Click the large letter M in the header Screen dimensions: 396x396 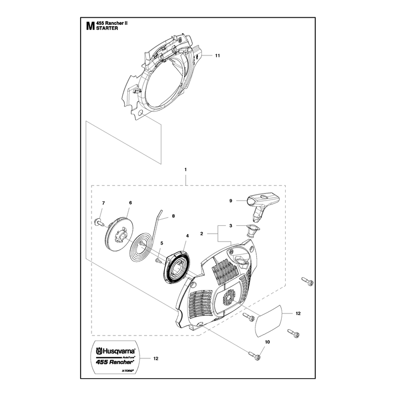(x=90, y=26)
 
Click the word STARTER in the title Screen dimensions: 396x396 (x=107, y=28)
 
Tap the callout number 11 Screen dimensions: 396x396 (x=217, y=55)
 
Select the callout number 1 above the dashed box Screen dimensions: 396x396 (x=186, y=169)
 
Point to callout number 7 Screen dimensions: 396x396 (x=103, y=203)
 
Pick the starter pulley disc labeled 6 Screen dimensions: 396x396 (x=117, y=235)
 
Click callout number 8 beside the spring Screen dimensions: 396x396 (x=173, y=216)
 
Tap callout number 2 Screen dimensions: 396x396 (x=201, y=234)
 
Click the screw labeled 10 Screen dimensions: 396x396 (x=255, y=355)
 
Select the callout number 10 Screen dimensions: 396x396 (x=267, y=342)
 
